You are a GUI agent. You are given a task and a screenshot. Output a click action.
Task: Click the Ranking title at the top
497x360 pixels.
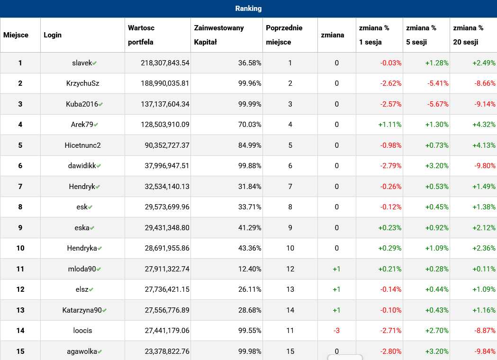point(248,9)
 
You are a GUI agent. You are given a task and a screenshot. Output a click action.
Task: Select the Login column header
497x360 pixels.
point(53,35)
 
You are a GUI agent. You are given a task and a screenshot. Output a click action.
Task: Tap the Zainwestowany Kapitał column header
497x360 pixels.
point(219,35)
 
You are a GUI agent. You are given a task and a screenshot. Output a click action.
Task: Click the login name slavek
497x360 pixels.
point(82,63)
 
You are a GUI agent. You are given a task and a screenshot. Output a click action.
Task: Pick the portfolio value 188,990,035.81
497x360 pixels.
point(165,83)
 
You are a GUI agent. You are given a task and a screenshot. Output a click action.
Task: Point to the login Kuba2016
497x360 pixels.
point(82,104)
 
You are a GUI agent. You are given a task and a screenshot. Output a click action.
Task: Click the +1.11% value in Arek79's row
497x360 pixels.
point(389,125)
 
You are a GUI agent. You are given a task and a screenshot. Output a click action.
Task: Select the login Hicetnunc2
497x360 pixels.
point(82,145)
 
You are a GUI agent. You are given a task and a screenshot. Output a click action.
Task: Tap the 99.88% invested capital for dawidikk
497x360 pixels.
point(250,166)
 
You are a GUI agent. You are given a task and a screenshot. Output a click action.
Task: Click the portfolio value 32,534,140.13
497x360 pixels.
point(167,187)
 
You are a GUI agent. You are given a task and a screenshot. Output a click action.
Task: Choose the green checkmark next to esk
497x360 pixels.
point(90,207)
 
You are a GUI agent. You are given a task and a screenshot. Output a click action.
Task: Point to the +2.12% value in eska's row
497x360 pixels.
point(484,228)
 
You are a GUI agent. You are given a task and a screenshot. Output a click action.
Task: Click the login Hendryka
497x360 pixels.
point(82,248)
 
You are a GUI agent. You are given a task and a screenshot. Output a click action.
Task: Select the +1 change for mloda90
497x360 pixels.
point(336,269)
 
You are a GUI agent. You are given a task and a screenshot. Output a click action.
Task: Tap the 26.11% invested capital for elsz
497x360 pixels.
point(250,289)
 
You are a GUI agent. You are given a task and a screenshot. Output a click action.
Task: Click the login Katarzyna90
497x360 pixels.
point(82,310)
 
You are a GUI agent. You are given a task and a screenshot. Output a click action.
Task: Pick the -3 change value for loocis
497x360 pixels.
point(336,331)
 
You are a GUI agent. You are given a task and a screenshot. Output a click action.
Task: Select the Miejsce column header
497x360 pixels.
point(16,35)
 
